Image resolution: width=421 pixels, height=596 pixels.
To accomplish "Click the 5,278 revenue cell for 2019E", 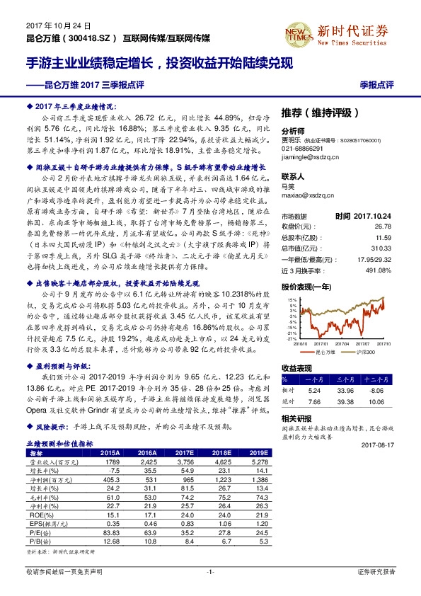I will [258, 460].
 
